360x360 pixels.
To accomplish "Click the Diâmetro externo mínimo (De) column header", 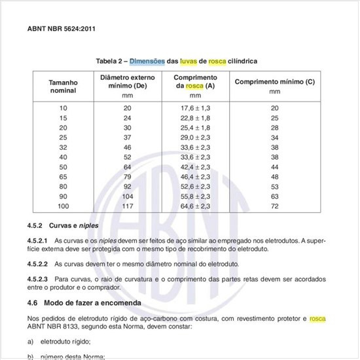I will [127, 82].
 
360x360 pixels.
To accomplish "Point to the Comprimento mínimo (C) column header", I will [274, 82].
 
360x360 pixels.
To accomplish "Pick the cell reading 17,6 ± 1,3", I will [195, 107].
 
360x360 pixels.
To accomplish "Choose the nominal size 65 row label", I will [63, 177].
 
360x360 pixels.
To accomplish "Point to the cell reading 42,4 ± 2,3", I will [195, 167].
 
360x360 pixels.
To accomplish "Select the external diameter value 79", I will [127, 177].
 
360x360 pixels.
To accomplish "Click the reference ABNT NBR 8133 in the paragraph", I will [54, 327].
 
